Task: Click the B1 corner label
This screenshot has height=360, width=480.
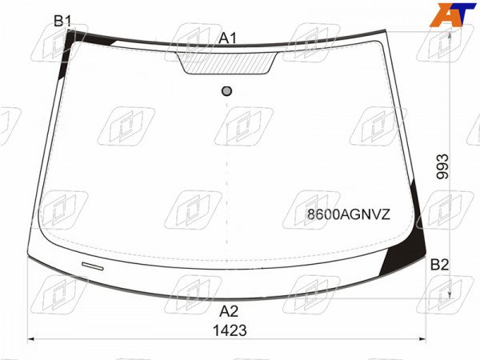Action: point(62,21)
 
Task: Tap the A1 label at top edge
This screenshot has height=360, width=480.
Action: point(228,38)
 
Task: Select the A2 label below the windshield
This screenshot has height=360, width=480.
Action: point(229,311)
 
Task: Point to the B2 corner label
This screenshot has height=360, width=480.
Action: point(439,265)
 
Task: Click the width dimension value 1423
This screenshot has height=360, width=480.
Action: point(230,330)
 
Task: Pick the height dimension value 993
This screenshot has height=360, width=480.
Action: point(442,166)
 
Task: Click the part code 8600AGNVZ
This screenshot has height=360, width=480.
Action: point(349,214)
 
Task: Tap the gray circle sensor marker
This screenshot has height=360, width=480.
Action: point(226,91)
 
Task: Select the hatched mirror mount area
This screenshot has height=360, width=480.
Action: point(227,63)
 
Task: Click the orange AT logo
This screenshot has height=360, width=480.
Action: point(453,14)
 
